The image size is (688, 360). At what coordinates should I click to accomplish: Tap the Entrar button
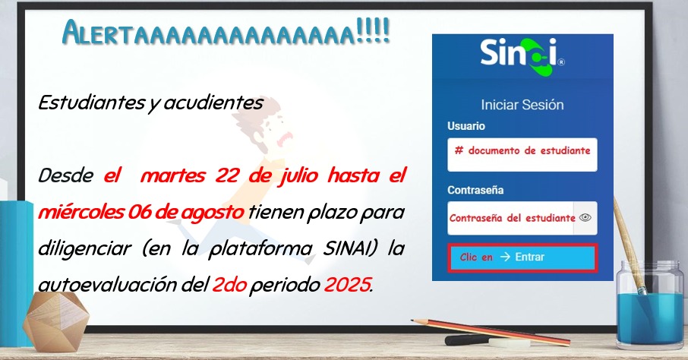522,257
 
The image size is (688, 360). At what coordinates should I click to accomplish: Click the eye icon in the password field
585,218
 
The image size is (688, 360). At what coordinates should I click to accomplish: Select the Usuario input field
522,154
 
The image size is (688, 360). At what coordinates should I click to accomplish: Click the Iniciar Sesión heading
522,105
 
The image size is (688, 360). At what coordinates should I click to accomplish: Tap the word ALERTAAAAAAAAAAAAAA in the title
209,33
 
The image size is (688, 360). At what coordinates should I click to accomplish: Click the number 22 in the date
227,175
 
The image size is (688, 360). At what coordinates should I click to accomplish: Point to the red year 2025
347,286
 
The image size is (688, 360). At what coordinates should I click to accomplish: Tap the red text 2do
229,286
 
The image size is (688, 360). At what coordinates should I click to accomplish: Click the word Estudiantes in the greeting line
91,103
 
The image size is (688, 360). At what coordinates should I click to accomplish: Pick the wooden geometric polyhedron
55,322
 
